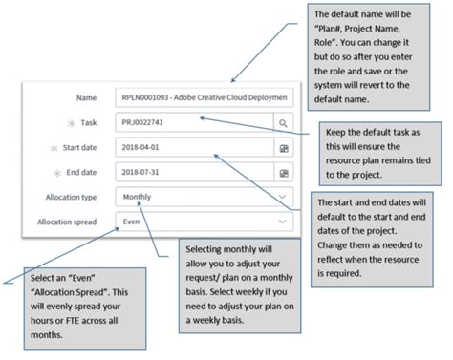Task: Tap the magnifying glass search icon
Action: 282,122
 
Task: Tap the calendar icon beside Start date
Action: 282,148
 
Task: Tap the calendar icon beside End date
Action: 282,173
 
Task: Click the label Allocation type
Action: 73,198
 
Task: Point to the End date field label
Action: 82,173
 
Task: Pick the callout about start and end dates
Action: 378,234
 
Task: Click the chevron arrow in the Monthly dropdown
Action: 282,198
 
